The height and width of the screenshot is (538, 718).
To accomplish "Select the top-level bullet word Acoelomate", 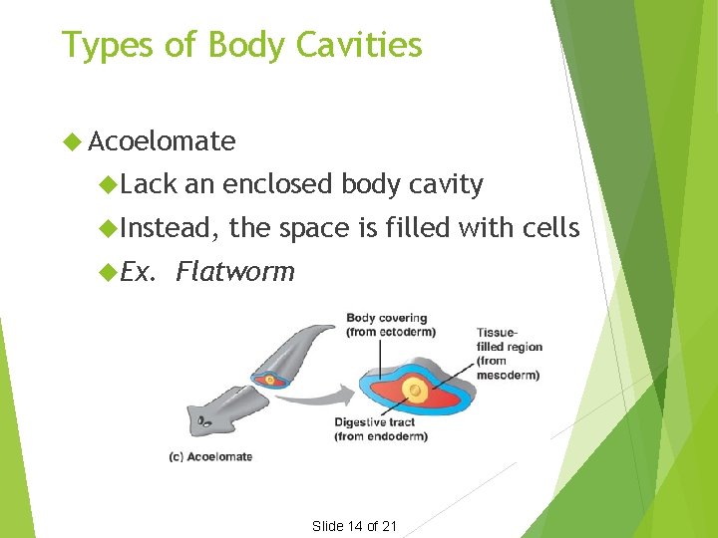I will tap(162, 141).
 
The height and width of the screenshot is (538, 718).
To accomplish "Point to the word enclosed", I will tap(278, 184).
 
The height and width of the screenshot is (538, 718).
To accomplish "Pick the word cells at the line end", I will tap(550, 228).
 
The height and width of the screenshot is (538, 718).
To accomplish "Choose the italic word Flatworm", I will tap(235, 271).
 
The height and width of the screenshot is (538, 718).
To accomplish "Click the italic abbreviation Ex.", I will tap(139, 271).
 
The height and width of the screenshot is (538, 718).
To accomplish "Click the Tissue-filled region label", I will tap(509, 354).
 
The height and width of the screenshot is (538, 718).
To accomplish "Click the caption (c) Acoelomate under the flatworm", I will tap(211, 456).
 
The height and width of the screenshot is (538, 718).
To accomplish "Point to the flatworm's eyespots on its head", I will tap(203, 421).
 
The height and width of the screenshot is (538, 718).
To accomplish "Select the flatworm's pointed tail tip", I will tap(335, 326).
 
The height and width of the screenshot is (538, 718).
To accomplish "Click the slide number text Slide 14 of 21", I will tap(355, 526).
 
